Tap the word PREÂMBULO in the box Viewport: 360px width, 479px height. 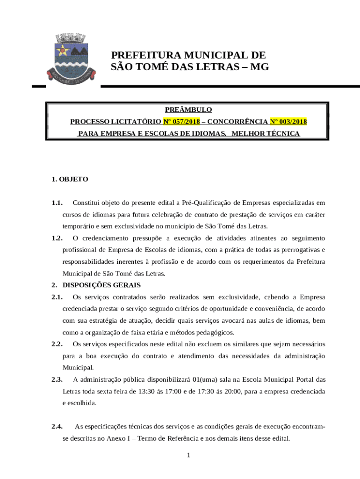click(x=188, y=109)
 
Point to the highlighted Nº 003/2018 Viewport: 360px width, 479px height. click(x=288, y=122)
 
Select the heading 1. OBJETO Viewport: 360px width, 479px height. click(x=70, y=179)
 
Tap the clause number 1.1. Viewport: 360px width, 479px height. click(x=57, y=203)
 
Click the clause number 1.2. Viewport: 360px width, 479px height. click(x=57, y=238)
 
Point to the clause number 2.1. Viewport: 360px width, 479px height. click(x=57, y=297)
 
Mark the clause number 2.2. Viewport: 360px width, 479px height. click(x=57, y=344)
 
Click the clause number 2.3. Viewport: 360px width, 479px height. click(x=57, y=379)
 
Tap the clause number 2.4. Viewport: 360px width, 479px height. click(x=57, y=426)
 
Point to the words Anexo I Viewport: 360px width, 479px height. click(x=119, y=438)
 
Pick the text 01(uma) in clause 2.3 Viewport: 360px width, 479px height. click(x=208, y=379)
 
